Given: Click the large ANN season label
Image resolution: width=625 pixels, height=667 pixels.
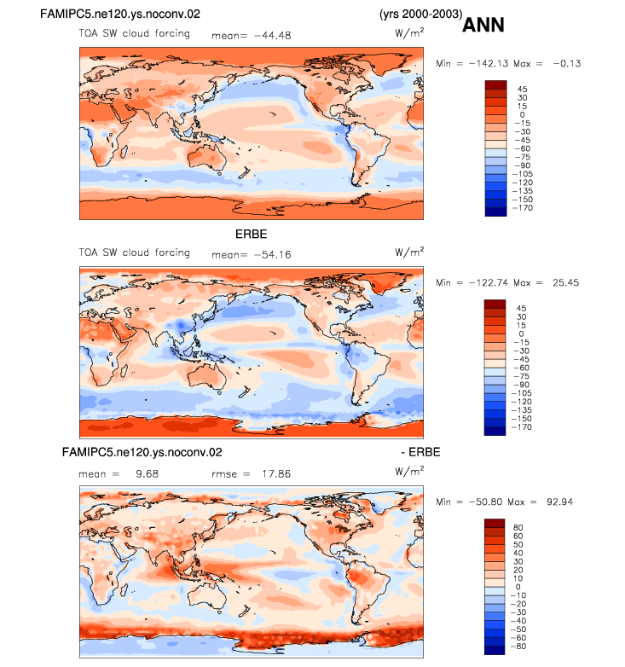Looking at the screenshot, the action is (x=483, y=25).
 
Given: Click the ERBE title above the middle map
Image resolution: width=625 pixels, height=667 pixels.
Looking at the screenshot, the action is (x=252, y=234).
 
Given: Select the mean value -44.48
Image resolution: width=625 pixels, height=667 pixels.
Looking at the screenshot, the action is (x=273, y=36).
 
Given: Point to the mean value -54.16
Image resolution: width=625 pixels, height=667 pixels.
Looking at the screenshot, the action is (x=273, y=255).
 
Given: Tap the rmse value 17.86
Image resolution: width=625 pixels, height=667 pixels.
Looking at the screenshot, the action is (x=276, y=474).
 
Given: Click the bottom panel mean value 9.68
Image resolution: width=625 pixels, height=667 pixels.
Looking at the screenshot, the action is (x=148, y=474).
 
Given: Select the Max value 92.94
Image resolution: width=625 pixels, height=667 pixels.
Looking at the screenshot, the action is (x=560, y=502).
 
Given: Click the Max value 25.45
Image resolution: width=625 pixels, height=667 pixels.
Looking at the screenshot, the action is (x=566, y=283).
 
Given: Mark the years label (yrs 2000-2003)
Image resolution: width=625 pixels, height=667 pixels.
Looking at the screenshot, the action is (x=421, y=14).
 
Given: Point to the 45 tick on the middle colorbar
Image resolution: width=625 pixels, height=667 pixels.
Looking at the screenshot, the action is (x=521, y=309).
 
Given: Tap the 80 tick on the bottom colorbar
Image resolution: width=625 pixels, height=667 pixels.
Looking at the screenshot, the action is (x=518, y=527).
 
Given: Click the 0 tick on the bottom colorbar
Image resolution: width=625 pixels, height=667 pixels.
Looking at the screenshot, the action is (x=518, y=587).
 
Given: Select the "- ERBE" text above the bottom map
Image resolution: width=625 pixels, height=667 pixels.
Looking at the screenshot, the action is (x=420, y=452).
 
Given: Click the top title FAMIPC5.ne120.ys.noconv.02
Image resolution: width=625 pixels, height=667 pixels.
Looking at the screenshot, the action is (x=120, y=14).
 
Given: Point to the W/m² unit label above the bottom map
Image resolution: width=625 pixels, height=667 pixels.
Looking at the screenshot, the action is (x=409, y=471).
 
